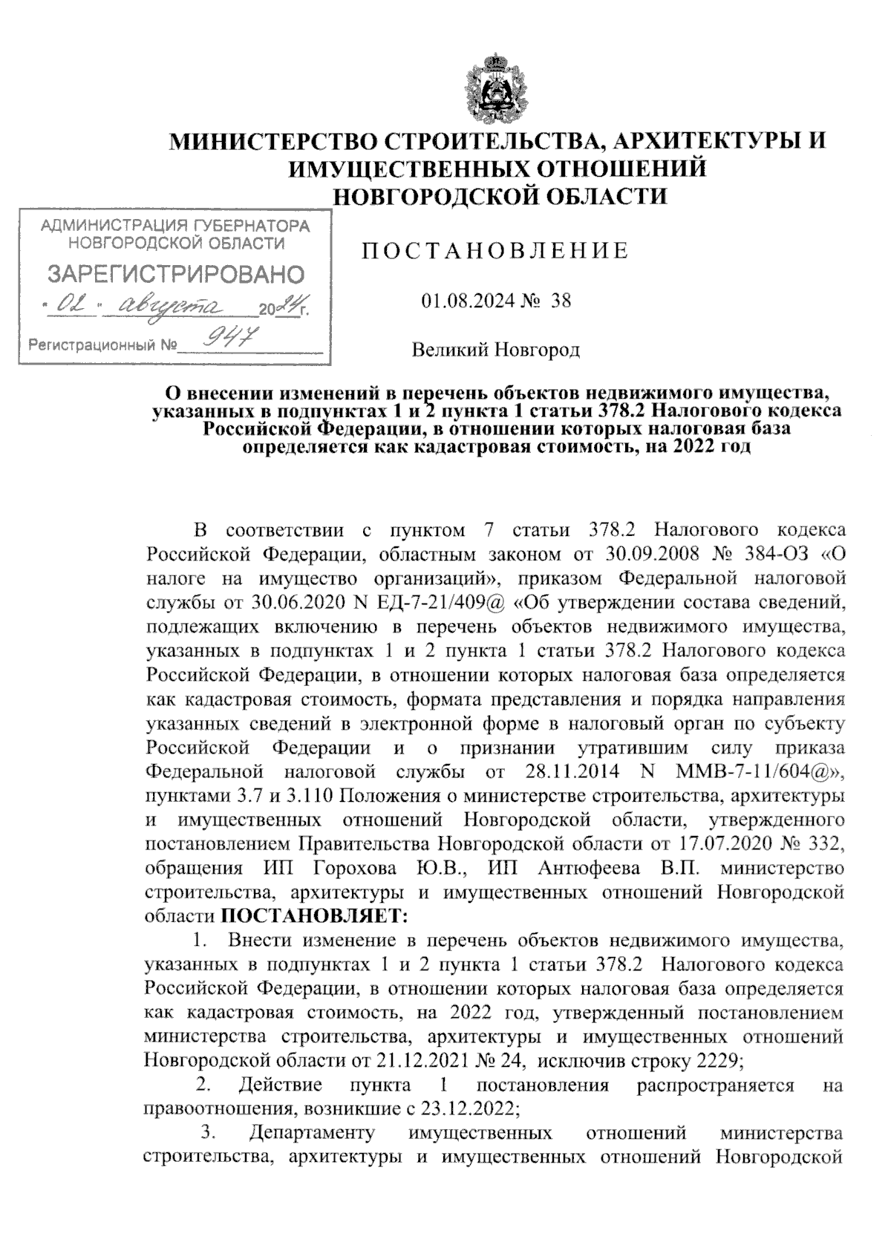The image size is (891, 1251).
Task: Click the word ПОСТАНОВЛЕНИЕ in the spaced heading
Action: pyautogui.click(x=495, y=251)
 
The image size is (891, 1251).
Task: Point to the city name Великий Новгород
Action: pyautogui.click(x=496, y=350)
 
